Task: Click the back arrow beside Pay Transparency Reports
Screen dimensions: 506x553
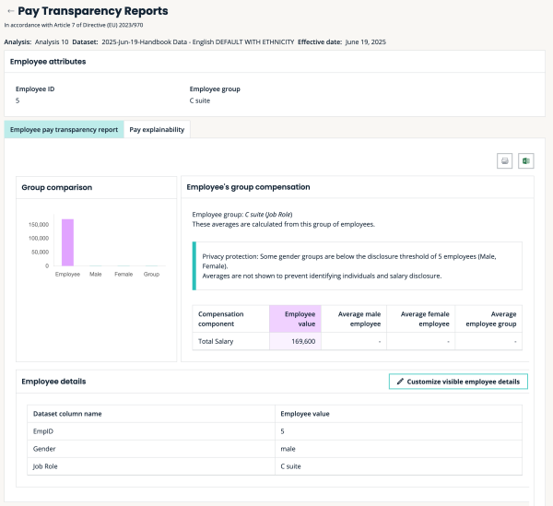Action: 10,12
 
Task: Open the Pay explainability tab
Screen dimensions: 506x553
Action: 157,130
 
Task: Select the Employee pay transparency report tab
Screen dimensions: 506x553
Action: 64,130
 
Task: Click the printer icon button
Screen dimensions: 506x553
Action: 505,160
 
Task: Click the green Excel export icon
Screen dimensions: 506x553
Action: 526,160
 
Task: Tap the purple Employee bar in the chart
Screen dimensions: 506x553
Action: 67,241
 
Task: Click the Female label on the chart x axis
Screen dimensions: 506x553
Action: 124,274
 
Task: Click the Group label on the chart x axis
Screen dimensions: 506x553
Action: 151,274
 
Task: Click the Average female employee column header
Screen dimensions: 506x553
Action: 422,319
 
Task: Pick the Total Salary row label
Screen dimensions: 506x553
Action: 217,341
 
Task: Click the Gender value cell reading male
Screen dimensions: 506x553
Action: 288,449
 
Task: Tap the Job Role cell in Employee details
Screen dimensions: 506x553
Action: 47,466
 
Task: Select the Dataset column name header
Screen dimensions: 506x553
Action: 67,414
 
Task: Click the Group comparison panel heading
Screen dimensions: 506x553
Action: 57,187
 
